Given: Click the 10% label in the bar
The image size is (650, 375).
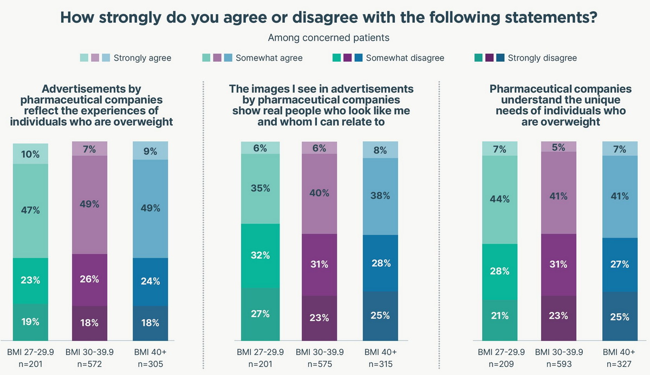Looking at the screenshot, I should [31, 154].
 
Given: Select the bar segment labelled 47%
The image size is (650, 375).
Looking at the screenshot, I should [31, 210].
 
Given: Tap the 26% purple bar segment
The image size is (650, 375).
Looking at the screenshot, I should [90, 279].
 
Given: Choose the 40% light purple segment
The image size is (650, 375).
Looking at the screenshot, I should [319, 193].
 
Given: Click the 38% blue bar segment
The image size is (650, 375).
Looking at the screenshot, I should [380, 196].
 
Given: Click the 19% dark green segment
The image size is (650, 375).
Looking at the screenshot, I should [31, 321].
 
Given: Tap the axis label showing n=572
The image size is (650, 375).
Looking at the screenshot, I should [90, 363].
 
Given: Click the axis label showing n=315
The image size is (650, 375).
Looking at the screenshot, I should [380, 363].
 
